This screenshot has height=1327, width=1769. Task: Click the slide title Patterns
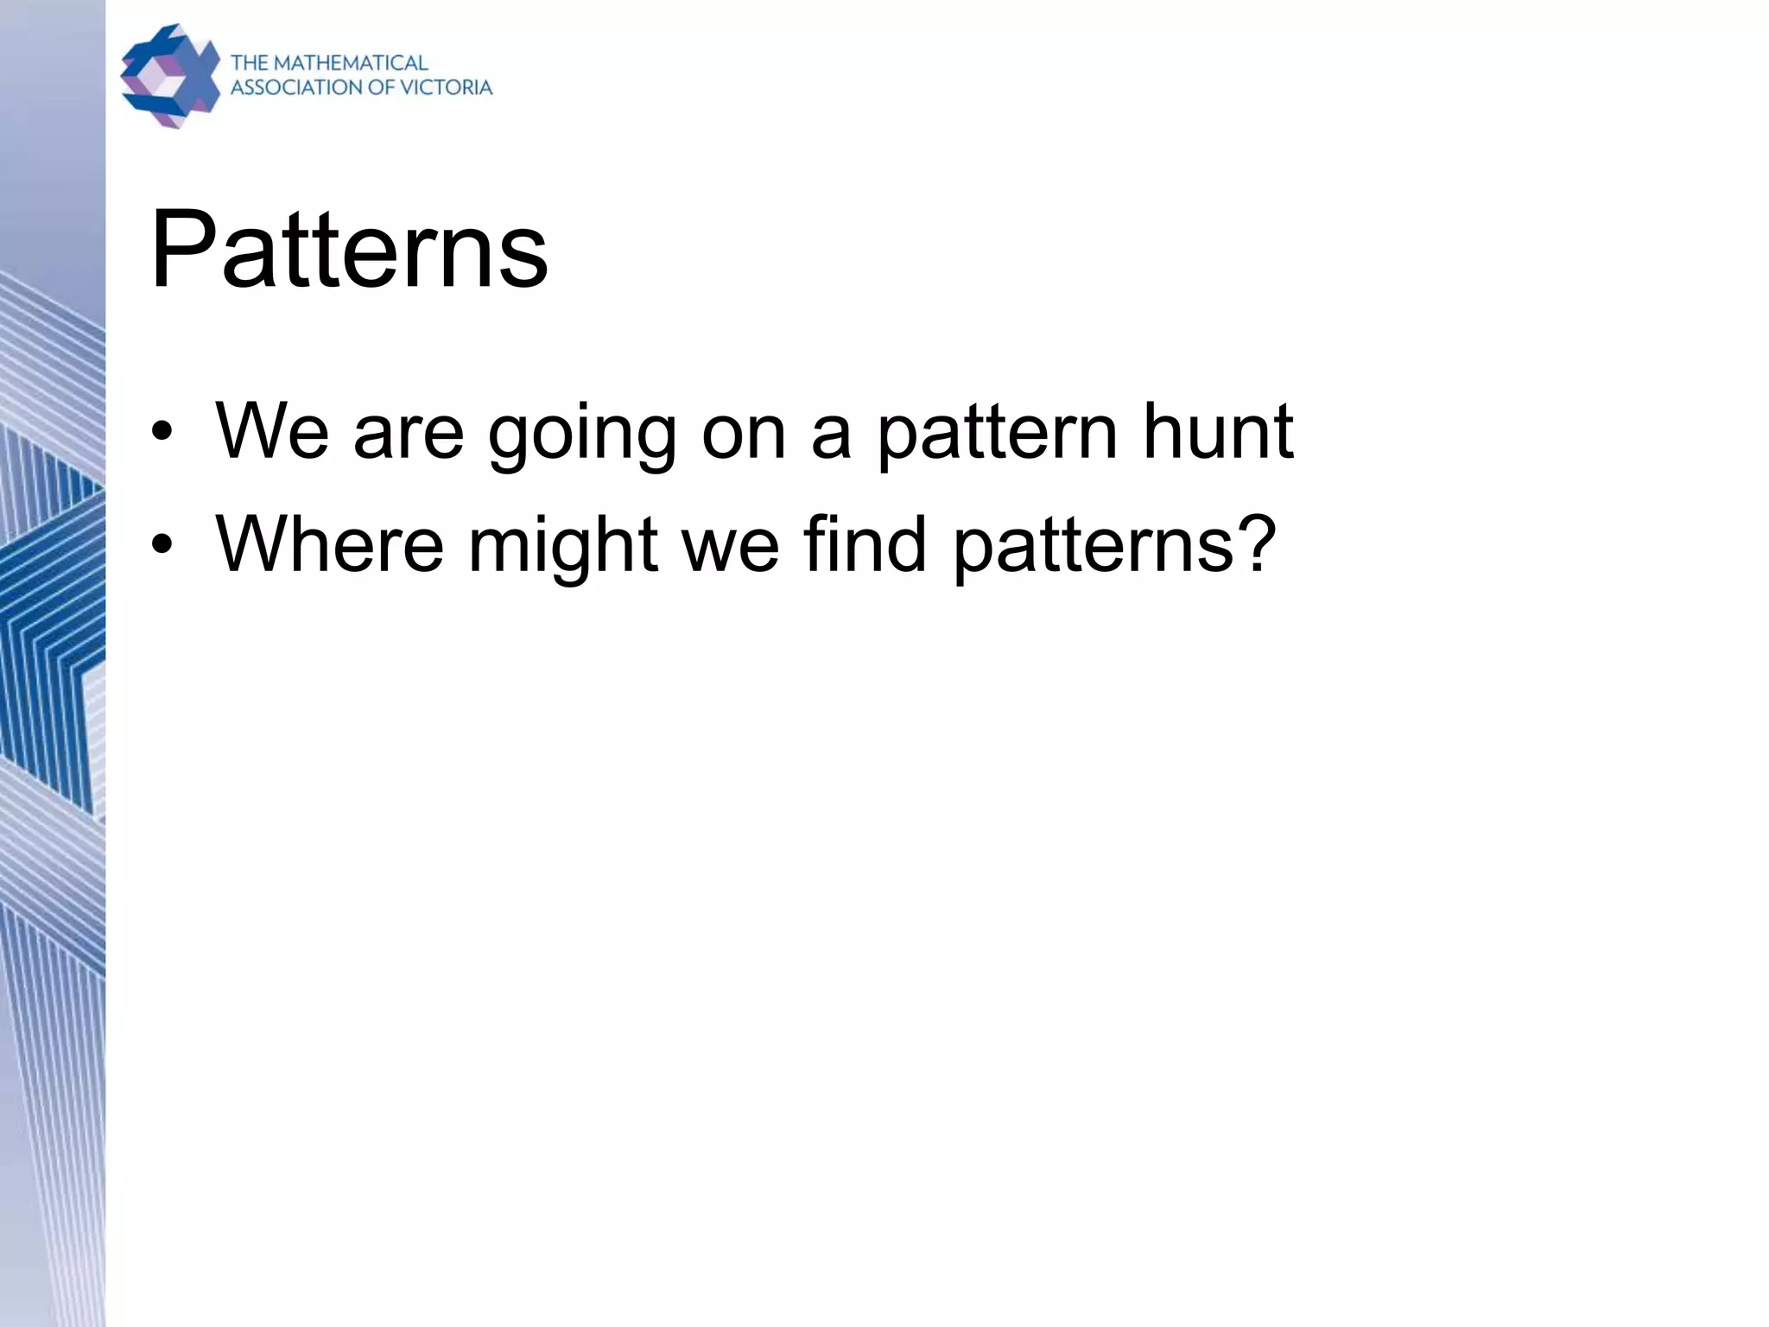point(349,251)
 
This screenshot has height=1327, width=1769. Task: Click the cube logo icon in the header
point(169,76)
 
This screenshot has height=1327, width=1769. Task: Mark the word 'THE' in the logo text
point(250,63)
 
